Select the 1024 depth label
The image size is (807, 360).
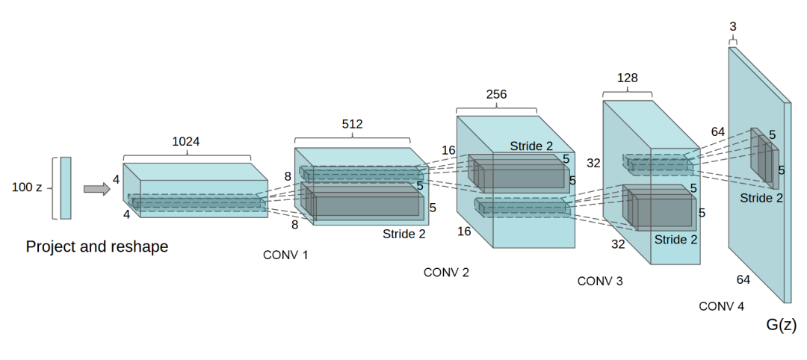[x=186, y=141]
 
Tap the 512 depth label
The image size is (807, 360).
[x=352, y=124]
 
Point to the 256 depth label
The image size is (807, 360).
[x=496, y=94]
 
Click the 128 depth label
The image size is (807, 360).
[x=627, y=77]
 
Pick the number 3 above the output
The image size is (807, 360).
[x=732, y=27]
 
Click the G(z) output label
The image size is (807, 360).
[x=782, y=325]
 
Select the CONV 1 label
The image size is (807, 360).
[x=285, y=255]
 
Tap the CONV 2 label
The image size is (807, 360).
[x=446, y=273]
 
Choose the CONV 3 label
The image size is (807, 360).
[x=600, y=282]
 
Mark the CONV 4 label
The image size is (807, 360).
[x=721, y=306]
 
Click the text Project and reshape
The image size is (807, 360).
[x=97, y=246]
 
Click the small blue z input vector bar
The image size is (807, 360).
[x=66, y=187]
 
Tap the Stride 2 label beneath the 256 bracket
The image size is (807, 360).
[x=532, y=145]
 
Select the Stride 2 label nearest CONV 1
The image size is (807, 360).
[x=404, y=234]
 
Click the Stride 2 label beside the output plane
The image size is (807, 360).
[x=761, y=198]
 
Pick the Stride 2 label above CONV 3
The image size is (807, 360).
[x=675, y=240]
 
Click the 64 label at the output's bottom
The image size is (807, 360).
[x=743, y=279]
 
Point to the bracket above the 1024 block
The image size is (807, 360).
[x=186, y=156]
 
